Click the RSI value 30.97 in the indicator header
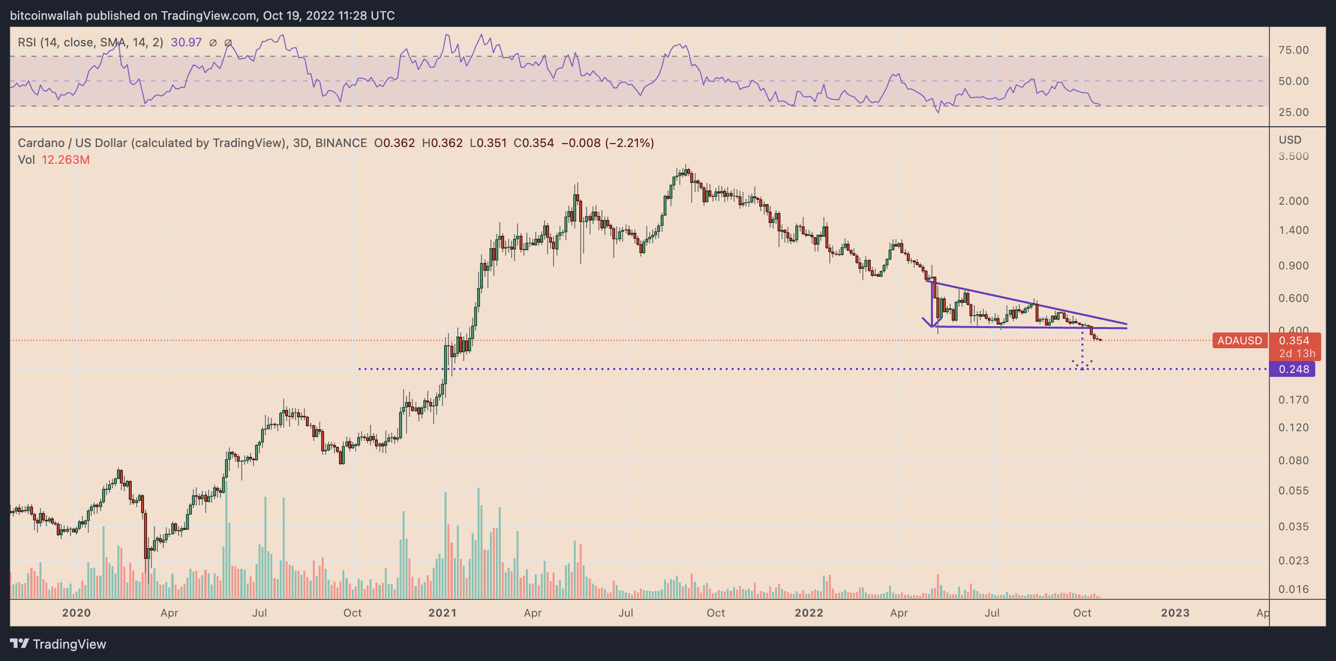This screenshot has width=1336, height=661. coord(186,42)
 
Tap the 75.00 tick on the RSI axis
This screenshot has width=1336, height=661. coord(1294,50)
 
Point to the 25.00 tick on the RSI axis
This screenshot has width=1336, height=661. coord(1294,112)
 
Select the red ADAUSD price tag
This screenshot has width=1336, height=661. coord(1239,340)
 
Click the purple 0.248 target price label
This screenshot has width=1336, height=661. coord(1294,369)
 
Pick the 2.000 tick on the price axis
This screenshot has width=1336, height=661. coord(1294,201)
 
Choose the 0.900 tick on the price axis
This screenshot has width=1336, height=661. coord(1294,266)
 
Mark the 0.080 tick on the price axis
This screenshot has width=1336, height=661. coord(1294,461)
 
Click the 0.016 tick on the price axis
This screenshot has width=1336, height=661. coord(1294,589)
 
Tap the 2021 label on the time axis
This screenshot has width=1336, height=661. coord(443,613)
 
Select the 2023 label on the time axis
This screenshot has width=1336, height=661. coord(1175,613)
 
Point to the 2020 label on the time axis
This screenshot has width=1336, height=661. coord(76,613)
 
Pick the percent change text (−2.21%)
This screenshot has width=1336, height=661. coord(630,143)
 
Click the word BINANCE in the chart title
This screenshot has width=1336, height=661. coord(341,143)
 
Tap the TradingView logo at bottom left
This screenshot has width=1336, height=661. coord(58,644)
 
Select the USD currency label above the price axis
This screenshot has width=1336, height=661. coord(1289,140)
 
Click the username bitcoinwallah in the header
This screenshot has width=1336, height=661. coord(46,16)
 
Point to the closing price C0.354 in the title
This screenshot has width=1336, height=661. coord(533,143)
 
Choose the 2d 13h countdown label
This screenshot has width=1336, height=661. coord(1297,354)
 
